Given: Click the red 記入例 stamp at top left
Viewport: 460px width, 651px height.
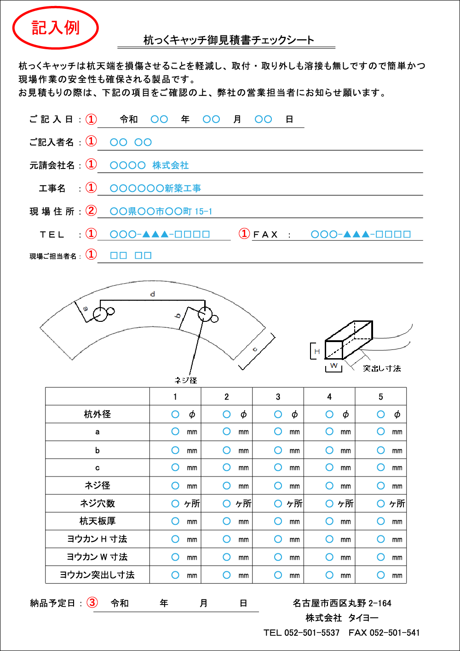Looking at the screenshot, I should [55, 28].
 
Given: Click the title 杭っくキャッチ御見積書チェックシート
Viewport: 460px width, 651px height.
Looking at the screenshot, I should [229, 40].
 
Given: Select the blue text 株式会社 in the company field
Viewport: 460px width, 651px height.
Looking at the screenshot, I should [171, 165].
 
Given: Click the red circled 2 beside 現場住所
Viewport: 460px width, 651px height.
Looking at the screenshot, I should [92, 211].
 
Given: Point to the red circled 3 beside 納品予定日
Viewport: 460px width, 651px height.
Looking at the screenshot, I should [92, 602].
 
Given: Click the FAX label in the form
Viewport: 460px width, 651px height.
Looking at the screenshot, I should [265, 235].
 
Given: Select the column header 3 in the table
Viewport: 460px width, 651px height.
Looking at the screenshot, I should [278, 397].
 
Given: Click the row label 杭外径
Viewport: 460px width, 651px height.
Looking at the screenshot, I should [97, 414].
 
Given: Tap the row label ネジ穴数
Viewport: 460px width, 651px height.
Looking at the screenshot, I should [97, 504].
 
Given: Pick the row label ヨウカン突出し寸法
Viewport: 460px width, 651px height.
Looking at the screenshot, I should [97, 575].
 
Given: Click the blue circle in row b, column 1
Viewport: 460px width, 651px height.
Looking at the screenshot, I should [175, 450].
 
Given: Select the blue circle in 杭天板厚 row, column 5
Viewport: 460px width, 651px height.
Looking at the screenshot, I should [381, 521].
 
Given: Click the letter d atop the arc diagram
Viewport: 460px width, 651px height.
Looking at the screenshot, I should [153, 294].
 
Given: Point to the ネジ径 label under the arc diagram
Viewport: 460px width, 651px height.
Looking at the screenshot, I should [186, 380].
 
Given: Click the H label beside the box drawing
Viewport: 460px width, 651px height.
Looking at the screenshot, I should [317, 351].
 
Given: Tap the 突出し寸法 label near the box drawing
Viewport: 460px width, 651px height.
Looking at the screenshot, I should [382, 368].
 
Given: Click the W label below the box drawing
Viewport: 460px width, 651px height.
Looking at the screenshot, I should [334, 366].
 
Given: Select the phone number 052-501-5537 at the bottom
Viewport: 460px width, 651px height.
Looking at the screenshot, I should [312, 633].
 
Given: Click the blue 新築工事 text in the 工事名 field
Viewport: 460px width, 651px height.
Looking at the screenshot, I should [183, 188].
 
